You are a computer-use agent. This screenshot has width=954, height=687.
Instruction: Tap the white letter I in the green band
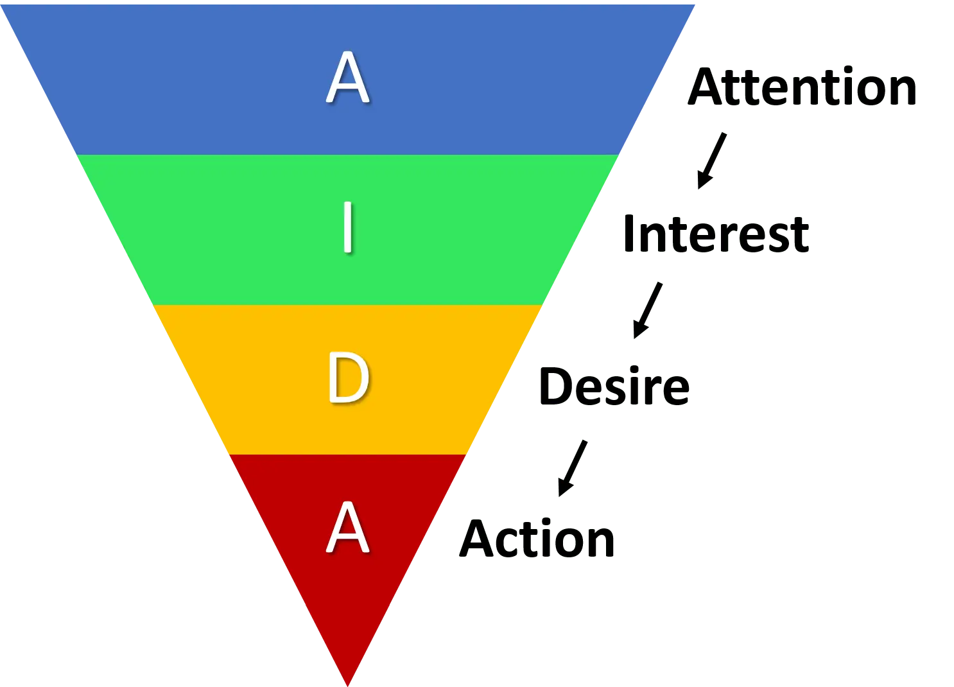[348, 227]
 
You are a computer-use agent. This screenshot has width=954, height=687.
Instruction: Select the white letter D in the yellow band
[349, 378]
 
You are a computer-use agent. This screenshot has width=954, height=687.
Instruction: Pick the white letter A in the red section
[347, 527]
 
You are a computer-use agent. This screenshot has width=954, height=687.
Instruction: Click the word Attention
[802, 86]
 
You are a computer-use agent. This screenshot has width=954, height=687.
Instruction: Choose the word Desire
[614, 386]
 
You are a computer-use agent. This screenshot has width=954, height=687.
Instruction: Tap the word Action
[537, 538]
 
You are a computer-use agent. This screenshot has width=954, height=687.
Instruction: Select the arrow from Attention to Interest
[712, 161]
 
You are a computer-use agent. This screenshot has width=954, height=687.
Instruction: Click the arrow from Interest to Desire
[648, 310]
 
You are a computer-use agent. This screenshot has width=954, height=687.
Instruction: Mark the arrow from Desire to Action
[573, 468]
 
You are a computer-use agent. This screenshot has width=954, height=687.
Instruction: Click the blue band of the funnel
[347, 80]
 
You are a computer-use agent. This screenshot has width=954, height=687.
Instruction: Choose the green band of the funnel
[347, 230]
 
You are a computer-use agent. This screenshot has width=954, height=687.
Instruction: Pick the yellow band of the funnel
[347, 380]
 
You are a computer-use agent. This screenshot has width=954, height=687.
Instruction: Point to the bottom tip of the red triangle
[347, 686]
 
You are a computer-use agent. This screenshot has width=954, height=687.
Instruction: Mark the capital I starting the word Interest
[629, 234]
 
